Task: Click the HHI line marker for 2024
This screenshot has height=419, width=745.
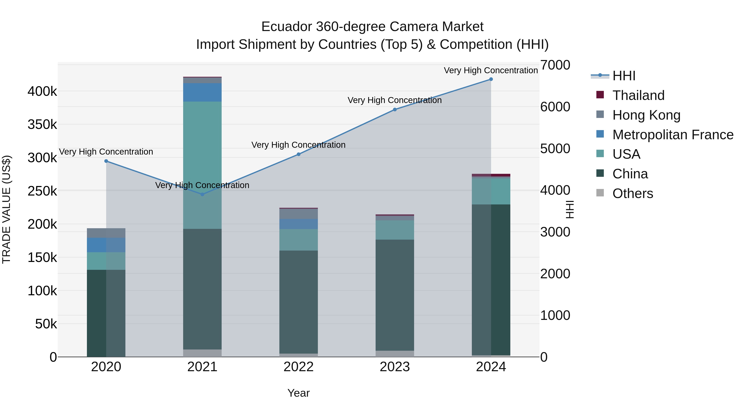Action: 491,79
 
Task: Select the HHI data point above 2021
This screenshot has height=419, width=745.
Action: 202,194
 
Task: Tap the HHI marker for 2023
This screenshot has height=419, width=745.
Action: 395,110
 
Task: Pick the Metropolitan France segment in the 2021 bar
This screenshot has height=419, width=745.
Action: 202,92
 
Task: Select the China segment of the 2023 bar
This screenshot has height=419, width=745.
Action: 395,295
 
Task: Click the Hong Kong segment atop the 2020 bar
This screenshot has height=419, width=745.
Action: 106,233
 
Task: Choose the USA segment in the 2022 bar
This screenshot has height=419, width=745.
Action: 298,240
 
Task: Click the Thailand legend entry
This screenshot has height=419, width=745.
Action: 638,95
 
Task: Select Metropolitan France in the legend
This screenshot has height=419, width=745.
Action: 673,135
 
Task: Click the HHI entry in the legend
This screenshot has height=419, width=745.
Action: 624,76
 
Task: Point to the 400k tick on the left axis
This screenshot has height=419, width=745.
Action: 42,92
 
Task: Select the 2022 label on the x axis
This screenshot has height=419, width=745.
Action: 298,367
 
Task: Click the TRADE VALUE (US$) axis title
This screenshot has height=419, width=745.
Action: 6,209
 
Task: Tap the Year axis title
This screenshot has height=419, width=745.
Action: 298,393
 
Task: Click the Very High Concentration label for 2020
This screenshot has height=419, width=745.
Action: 106,152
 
